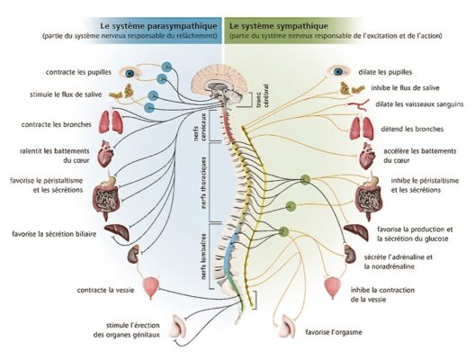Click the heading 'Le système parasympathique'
158,26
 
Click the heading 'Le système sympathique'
279,26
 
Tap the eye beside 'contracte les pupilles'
130,73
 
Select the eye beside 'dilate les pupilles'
338,71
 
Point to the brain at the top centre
219,83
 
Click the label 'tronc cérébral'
262,95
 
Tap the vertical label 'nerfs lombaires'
203,256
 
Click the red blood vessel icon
358,104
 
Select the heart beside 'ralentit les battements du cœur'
106,154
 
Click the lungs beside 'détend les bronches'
362,128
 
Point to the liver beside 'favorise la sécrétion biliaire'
117,232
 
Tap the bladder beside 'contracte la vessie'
151,288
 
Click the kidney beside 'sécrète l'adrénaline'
350,254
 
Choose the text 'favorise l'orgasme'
334,332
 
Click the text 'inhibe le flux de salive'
405,88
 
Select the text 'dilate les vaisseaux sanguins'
419,104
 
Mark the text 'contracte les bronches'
57,124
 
